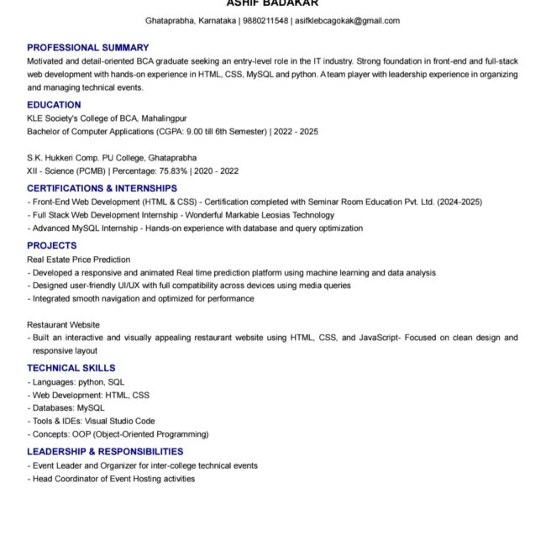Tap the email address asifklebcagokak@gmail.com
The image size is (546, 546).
[x=347, y=20]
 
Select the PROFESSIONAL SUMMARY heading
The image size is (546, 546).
[x=87, y=48]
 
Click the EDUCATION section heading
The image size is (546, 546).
[x=54, y=105]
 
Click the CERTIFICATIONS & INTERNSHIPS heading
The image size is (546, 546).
[x=102, y=188]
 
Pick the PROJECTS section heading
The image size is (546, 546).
[x=51, y=246]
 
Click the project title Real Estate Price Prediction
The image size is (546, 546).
[x=78, y=260]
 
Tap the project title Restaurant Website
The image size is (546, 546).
[x=63, y=324]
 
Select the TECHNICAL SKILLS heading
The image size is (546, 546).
[x=71, y=368]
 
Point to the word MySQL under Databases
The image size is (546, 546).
[x=91, y=407]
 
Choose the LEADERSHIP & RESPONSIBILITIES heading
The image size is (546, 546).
[x=105, y=452]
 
